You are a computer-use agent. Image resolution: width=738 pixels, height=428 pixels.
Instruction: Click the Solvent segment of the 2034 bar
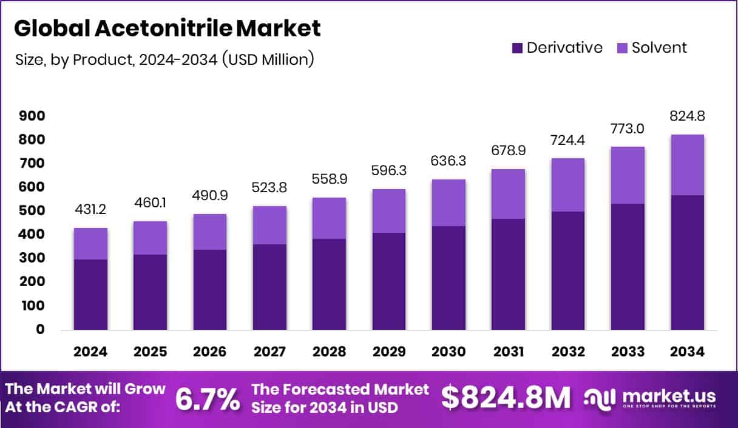(687, 165)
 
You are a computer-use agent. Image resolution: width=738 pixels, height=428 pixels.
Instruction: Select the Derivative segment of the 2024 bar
(91, 295)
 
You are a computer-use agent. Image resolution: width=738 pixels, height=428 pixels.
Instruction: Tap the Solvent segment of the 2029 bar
(389, 211)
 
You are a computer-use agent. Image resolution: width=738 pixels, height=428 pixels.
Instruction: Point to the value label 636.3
(449, 162)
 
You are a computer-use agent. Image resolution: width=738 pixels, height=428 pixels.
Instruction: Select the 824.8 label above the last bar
(687, 116)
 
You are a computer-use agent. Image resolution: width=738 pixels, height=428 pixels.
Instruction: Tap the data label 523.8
(270, 188)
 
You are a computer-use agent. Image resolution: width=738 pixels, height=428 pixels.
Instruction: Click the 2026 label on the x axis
(210, 352)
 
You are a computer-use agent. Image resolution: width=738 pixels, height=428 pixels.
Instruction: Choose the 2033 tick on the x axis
(628, 352)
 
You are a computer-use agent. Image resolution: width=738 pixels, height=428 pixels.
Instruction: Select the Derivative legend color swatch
(518, 48)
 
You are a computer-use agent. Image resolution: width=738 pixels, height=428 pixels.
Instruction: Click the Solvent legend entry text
(659, 48)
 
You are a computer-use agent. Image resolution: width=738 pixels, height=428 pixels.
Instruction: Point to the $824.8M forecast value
(506, 398)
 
